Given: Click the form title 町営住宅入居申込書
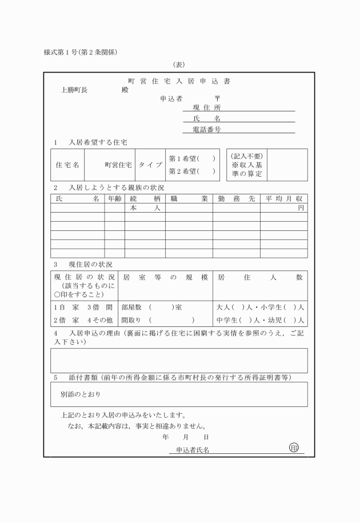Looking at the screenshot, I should [179, 81].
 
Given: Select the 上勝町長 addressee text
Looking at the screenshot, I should [74, 90].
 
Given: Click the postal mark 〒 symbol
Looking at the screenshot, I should [217, 98].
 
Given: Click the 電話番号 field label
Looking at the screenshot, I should [207, 130].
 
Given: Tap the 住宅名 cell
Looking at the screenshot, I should [67, 165].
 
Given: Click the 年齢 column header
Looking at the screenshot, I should [114, 198].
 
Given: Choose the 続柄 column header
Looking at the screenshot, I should [145, 198].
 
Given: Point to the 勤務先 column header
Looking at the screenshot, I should [236, 198].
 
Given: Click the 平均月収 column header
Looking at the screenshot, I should [283, 198].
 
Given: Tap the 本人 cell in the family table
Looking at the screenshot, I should [145, 209].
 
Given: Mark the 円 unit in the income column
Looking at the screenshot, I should [301, 209].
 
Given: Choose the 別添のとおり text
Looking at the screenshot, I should [82, 394].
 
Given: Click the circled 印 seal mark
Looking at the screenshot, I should [294, 447].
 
